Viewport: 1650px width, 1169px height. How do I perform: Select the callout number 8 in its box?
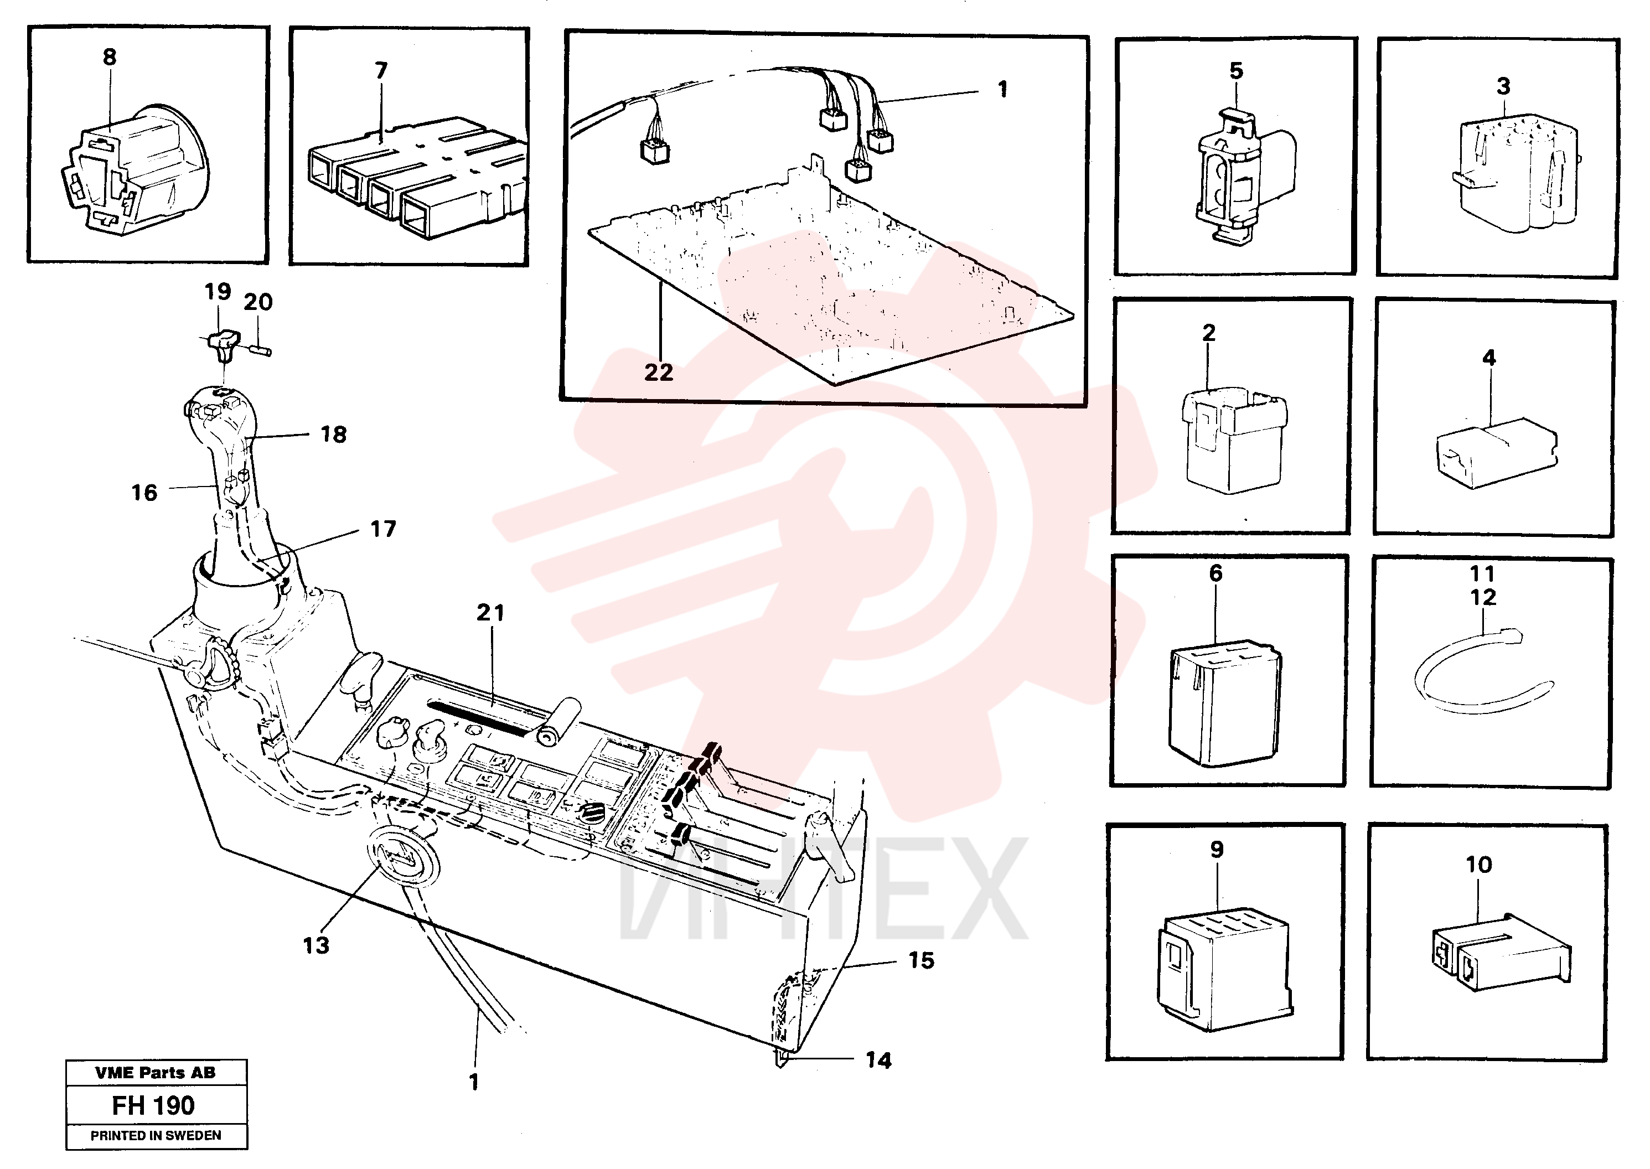(110, 57)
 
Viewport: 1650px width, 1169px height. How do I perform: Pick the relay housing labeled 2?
(1234, 440)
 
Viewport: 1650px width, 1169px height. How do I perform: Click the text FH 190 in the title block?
(153, 1105)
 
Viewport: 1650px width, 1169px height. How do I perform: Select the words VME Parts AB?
(156, 1073)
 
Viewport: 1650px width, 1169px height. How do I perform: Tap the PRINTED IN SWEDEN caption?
(156, 1135)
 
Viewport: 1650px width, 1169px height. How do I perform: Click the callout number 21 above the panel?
(490, 613)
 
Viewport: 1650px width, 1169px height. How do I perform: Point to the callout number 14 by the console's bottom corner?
(878, 1061)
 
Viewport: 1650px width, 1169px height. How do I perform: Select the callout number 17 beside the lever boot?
(383, 529)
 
